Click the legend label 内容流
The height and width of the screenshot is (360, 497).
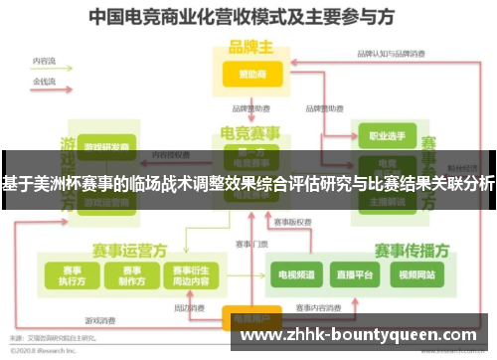[44, 61]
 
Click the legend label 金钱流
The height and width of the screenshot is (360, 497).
[44, 79]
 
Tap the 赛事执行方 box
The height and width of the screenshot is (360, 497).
[72, 273]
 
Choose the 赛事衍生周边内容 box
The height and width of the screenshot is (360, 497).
[190, 273]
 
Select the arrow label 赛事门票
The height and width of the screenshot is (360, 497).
[251, 243]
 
